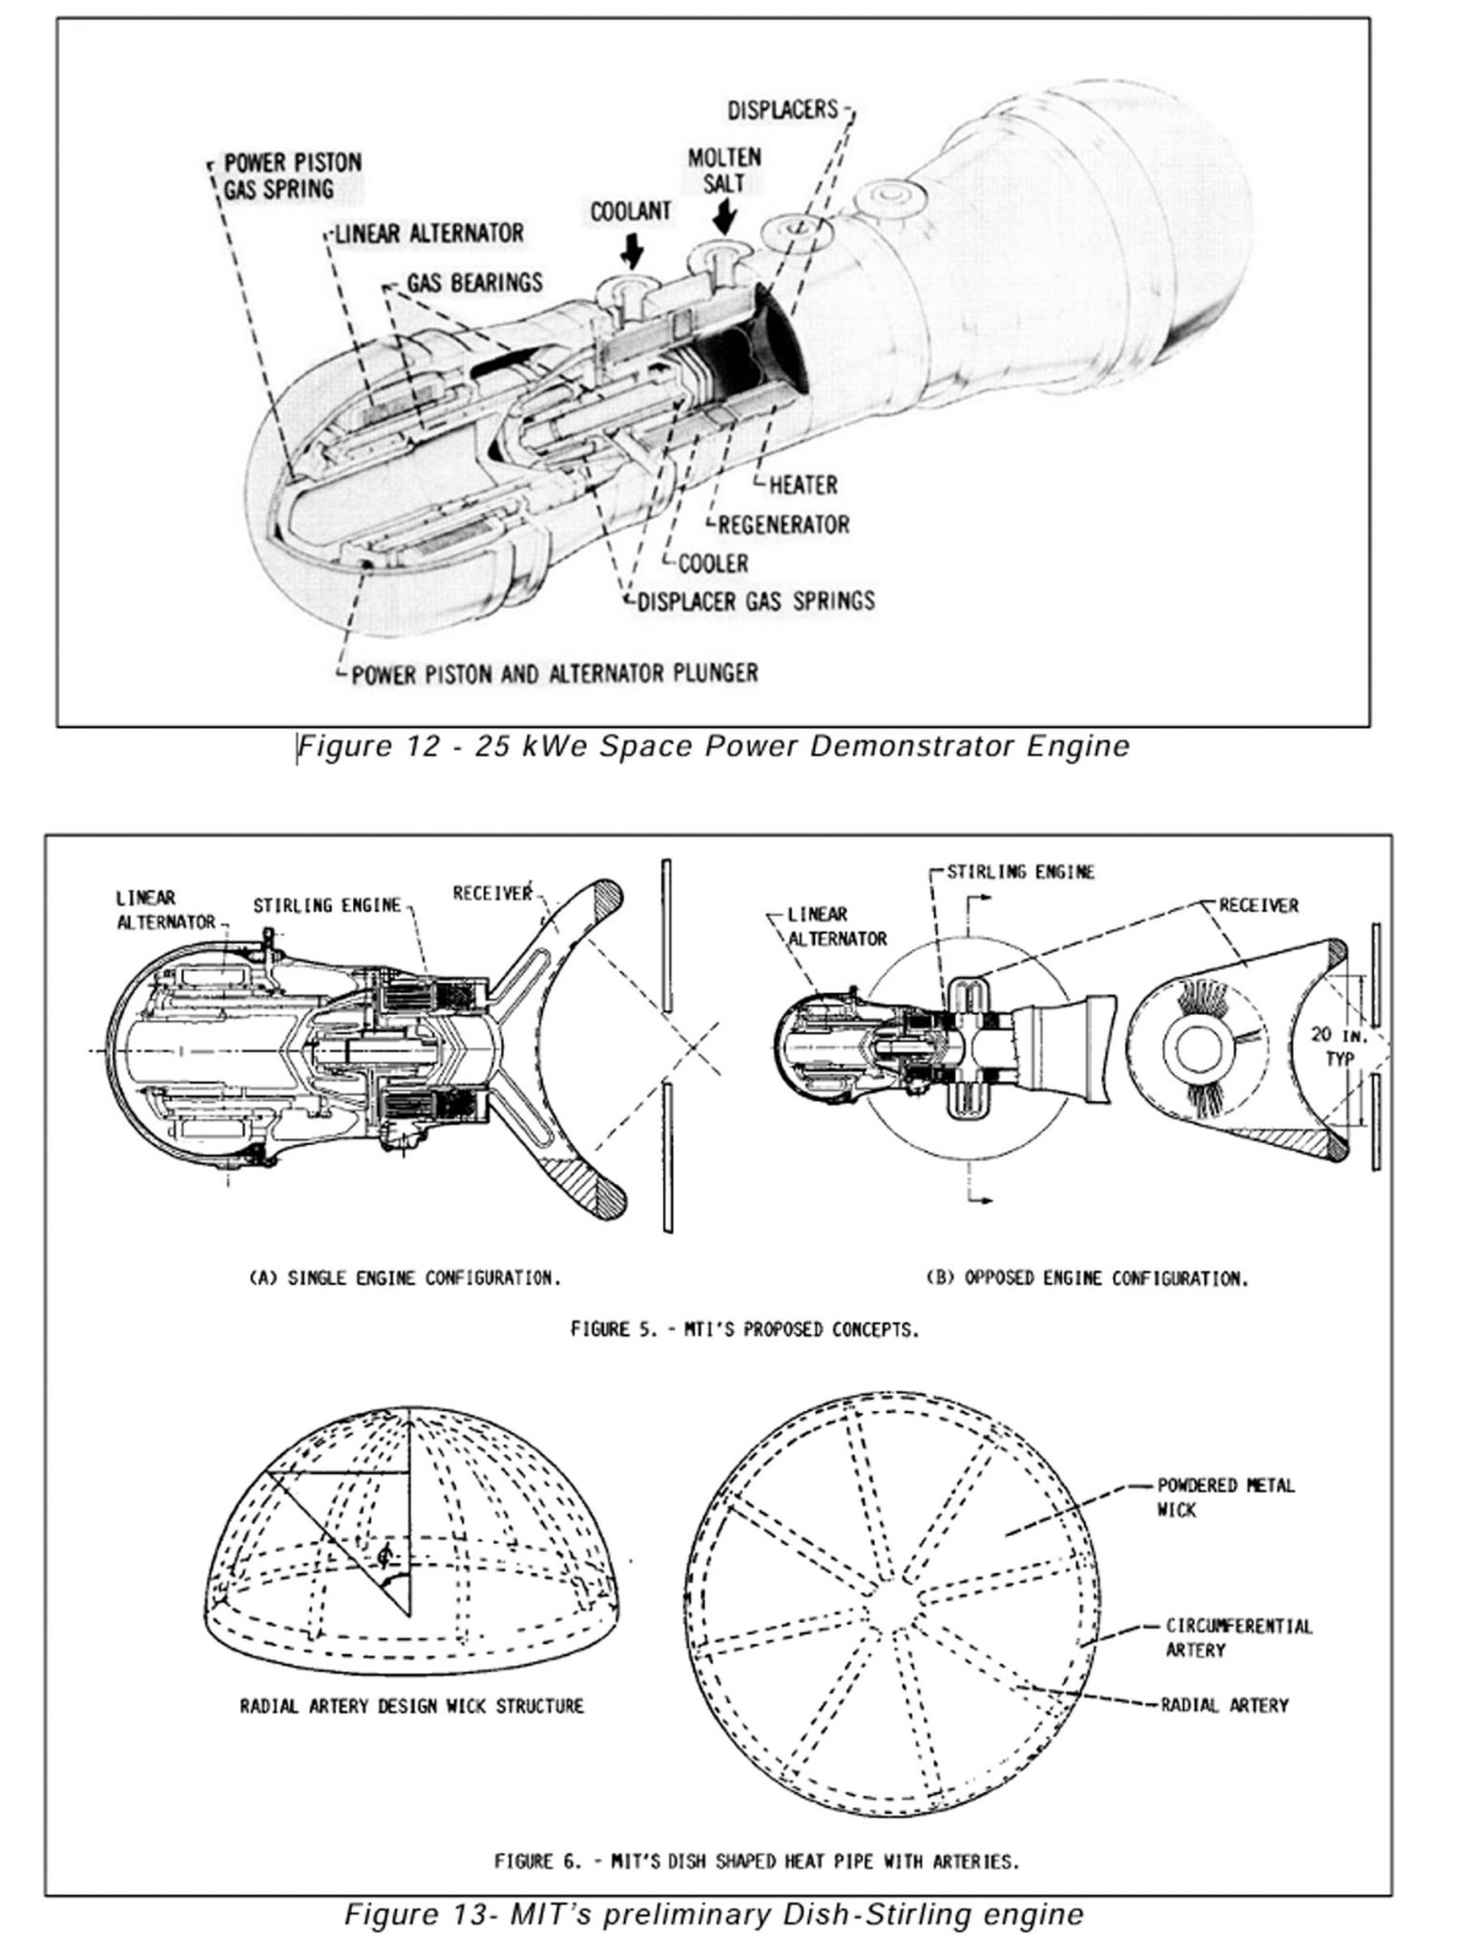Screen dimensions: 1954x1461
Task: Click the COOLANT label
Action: (x=630, y=211)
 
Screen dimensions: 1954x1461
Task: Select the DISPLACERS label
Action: (x=782, y=110)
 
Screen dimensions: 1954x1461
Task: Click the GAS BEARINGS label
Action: (x=474, y=282)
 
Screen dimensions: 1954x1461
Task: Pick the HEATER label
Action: (x=803, y=485)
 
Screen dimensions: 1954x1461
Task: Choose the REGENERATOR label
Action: (x=783, y=524)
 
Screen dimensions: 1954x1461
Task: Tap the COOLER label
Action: (x=713, y=563)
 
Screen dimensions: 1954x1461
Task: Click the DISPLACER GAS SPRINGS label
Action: (x=755, y=601)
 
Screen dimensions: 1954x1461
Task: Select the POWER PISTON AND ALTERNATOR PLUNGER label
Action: (x=554, y=674)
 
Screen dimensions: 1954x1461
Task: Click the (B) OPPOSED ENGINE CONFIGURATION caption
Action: (x=1087, y=1278)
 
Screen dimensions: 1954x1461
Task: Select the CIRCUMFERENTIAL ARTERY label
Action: (x=1238, y=1637)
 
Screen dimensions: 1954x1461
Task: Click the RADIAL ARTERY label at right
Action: (x=1223, y=1705)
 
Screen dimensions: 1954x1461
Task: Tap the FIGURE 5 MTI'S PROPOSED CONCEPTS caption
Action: (x=743, y=1328)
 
